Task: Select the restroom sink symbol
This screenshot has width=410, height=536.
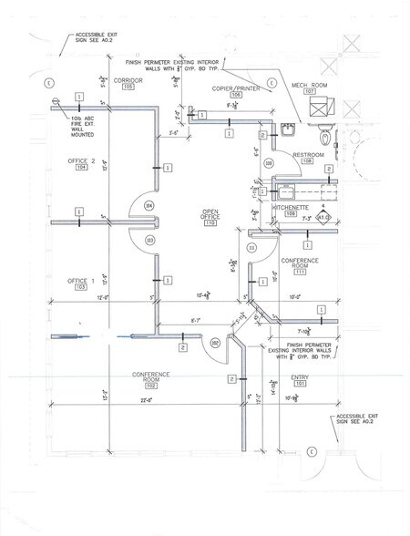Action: (x=286, y=131)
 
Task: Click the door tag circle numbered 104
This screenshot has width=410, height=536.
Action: (x=149, y=206)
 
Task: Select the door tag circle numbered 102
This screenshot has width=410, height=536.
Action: (x=215, y=344)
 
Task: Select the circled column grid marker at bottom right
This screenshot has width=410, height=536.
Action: (x=311, y=451)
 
